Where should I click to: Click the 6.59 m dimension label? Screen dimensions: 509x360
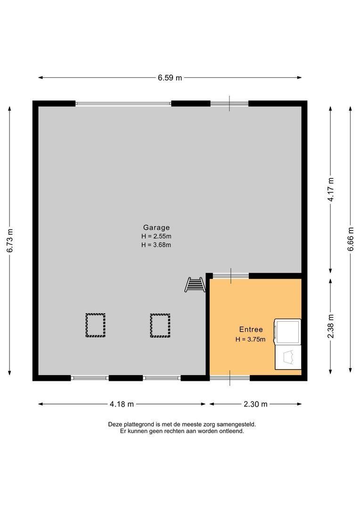(x=170, y=78)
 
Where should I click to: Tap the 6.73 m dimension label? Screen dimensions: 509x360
(x=10, y=241)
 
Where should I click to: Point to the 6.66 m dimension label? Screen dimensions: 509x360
(x=351, y=239)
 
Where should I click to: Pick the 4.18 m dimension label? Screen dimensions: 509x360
(x=122, y=404)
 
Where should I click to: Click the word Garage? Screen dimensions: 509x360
(x=156, y=227)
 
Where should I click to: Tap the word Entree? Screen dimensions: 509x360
(x=251, y=330)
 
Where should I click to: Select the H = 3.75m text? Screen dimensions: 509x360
(x=251, y=339)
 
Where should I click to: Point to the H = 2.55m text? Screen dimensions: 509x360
(x=156, y=236)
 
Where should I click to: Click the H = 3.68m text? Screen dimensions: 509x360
(x=156, y=245)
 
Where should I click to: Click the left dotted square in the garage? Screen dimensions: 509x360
(x=95, y=325)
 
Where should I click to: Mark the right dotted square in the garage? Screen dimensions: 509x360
(x=160, y=325)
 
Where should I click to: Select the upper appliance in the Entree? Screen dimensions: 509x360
(x=287, y=332)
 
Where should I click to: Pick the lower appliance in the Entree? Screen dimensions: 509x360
(x=287, y=358)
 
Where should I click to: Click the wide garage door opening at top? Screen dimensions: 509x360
(x=123, y=104)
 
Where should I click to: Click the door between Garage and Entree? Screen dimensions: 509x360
(x=230, y=276)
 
